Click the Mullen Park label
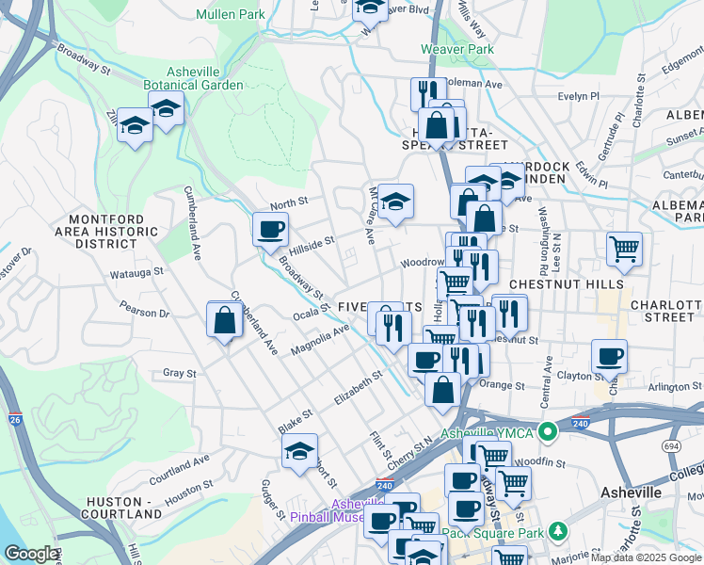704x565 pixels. (231, 14)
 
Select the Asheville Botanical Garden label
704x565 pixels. (205, 78)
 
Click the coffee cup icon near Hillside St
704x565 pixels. (270, 229)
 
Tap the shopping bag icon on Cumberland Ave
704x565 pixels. (225, 319)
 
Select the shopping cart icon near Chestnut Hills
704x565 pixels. (624, 250)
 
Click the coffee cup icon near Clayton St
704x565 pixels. (609, 357)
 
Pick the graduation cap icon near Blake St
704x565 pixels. (299, 450)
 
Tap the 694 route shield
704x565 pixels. (670, 446)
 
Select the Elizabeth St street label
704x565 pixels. (358, 387)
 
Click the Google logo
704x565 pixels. (32, 554)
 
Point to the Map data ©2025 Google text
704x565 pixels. (645, 558)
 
